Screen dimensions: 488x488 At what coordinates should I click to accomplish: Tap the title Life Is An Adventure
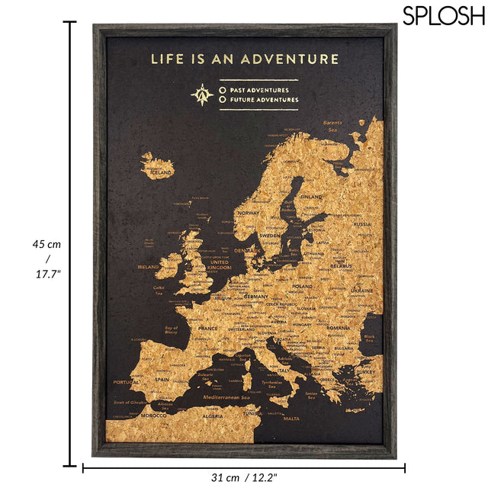click(x=245, y=58)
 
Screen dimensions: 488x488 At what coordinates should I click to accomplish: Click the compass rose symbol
click(x=202, y=94)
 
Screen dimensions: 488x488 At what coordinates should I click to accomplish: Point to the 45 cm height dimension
click(x=46, y=245)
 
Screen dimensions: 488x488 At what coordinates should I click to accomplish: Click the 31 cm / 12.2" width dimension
click(x=244, y=477)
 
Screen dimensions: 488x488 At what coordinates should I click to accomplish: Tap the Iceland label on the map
click(x=160, y=173)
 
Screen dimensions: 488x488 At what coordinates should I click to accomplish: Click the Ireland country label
click(x=148, y=267)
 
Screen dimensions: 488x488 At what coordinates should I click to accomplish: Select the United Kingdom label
click(x=219, y=265)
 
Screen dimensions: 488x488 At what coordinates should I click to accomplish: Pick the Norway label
click(x=249, y=213)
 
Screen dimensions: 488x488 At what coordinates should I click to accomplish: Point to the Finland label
click(x=312, y=197)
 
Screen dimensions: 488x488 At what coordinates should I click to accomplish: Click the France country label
click(x=207, y=329)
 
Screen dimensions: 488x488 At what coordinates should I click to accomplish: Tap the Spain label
click(x=162, y=378)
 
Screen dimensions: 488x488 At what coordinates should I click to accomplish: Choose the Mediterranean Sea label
click(x=226, y=399)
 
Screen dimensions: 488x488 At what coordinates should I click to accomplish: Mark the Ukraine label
click(x=361, y=291)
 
